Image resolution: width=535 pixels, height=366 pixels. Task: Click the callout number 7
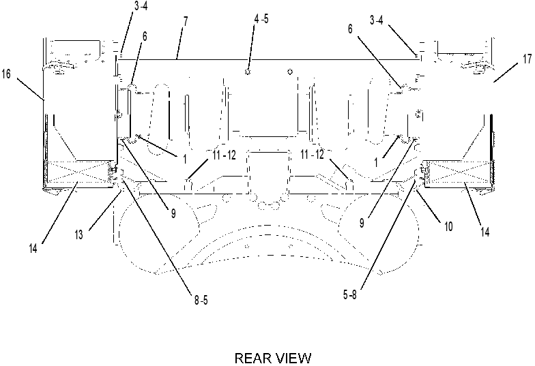click(x=186, y=22)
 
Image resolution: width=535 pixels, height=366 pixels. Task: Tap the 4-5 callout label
click(x=261, y=19)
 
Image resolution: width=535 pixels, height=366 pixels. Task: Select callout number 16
click(x=7, y=74)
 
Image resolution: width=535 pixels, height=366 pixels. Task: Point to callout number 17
click(x=527, y=59)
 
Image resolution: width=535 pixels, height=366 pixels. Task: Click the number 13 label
click(x=79, y=234)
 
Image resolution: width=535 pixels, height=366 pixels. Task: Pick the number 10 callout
click(x=448, y=226)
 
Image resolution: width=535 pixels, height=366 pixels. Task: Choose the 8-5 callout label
click(x=201, y=300)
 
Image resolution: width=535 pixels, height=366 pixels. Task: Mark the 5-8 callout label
click(x=349, y=294)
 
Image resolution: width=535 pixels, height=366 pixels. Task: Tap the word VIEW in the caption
click(x=294, y=359)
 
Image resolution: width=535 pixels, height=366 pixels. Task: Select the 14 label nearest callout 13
click(x=33, y=248)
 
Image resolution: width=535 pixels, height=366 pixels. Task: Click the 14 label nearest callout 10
click(x=485, y=232)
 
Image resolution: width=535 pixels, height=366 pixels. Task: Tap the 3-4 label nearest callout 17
click(x=377, y=20)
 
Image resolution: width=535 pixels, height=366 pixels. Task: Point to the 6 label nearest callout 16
click(x=145, y=36)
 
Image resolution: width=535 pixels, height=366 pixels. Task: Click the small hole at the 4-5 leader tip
click(x=248, y=72)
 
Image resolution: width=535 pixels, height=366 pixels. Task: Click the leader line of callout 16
click(x=31, y=89)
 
